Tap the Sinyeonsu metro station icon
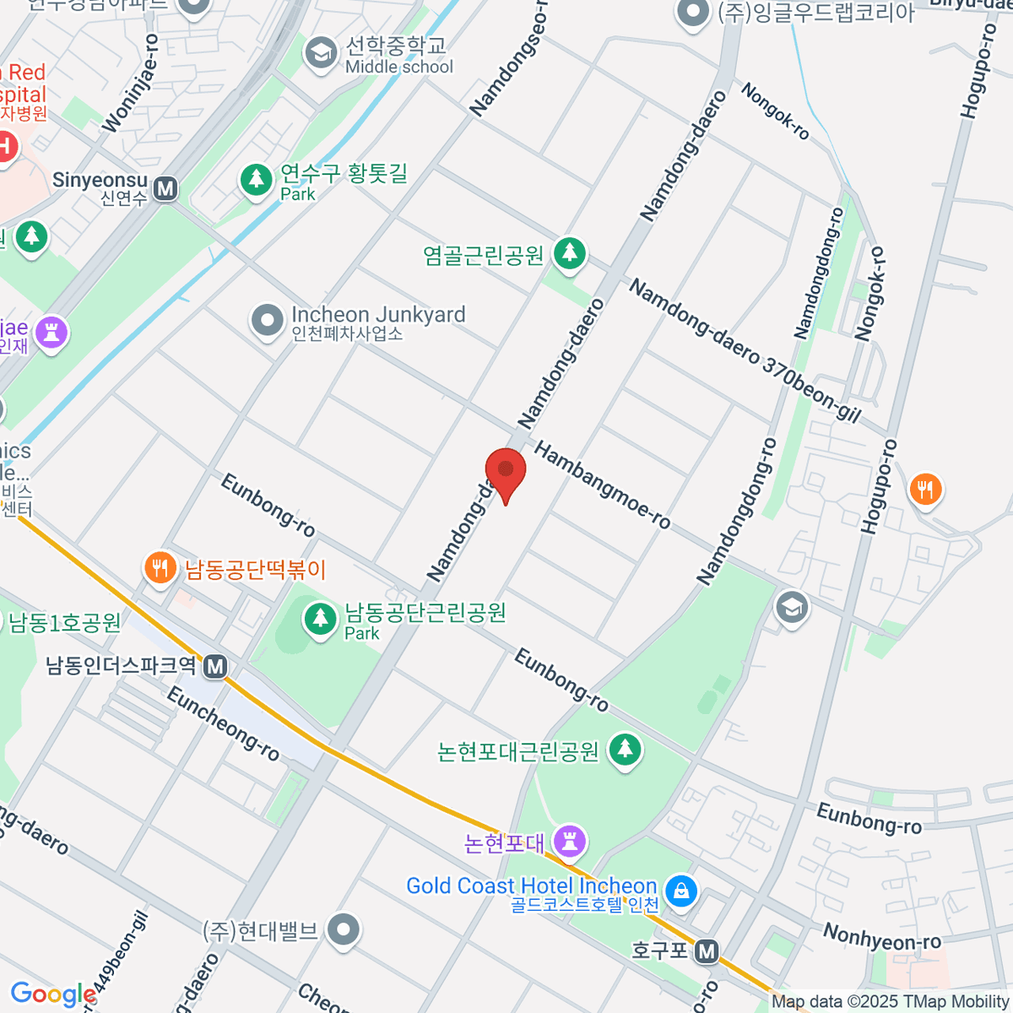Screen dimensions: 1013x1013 [166, 188]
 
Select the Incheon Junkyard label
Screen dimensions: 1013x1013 [377, 322]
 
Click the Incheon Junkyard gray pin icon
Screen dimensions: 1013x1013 [268, 321]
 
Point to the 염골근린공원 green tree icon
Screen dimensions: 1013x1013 [570, 253]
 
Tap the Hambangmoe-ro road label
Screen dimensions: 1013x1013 [602, 486]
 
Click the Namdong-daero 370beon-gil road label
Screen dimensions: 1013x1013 [745, 351]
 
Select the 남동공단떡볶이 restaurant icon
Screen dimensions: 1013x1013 [160, 568]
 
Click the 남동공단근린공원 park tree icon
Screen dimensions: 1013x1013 [320, 620]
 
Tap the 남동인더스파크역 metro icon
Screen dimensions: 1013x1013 [216, 667]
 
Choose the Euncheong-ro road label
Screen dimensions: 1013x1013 [223, 724]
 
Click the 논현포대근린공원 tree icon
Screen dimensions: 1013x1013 [625, 750]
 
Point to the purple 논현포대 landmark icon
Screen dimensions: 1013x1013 [570, 841]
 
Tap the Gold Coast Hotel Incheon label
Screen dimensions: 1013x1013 [531, 886]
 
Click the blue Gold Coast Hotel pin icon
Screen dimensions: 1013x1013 [680, 890]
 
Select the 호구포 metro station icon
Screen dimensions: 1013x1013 [707, 952]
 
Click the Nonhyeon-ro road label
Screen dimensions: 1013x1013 [881, 937]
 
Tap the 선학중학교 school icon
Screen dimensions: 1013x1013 [321, 53]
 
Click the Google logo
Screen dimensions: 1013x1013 [53, 994]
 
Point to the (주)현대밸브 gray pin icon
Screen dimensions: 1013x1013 [343, 930]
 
